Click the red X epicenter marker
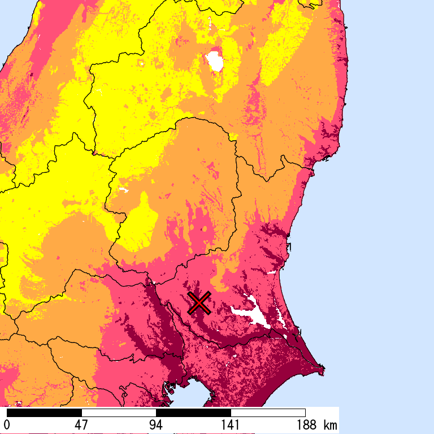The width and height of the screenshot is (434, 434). (199, 303)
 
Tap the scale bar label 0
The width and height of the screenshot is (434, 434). (7, 425)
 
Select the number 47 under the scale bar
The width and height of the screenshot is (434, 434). (81, 425)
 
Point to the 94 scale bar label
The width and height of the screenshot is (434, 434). (156, 425)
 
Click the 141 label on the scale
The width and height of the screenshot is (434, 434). (231, 425)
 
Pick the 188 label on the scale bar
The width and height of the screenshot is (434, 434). (305, 425)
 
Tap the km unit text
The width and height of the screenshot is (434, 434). (330, 425)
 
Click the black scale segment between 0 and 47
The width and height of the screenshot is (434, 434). (44, 413)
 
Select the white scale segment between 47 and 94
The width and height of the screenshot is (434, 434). (119, 413)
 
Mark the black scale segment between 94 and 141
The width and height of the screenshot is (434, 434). (193, 413)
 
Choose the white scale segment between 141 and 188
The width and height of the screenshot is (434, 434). (268, 413)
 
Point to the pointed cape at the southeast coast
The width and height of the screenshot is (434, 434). (323, 371)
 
